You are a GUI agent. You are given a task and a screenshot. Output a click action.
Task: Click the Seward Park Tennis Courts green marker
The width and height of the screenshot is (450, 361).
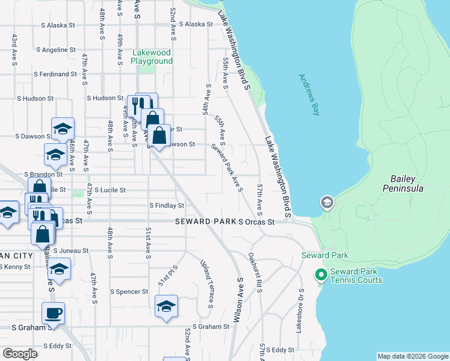click(321, 276)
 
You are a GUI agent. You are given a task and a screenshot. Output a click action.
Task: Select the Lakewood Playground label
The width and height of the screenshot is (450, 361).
click(152, 57)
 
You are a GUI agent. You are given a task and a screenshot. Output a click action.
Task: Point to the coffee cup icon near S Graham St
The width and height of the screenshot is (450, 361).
click(53, 313)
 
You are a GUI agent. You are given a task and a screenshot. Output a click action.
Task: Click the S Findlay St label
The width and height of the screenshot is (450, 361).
click(166, 206)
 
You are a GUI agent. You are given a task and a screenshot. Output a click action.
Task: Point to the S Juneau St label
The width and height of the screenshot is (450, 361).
click(70, 250)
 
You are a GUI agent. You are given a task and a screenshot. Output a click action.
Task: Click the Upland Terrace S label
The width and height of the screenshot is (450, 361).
click(206, 281)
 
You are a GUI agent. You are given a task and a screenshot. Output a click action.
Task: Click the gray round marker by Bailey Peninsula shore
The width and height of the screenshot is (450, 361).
click(327, 202)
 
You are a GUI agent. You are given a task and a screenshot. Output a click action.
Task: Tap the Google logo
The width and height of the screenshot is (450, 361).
click(20, 354)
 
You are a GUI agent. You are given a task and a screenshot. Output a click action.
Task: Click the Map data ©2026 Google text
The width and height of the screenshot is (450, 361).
click(412, 356)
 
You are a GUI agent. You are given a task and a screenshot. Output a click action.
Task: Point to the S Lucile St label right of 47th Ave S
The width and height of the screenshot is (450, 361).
click(109, 190)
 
